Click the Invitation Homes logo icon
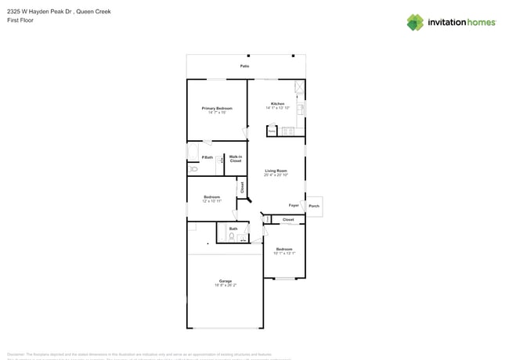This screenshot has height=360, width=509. click(x=415, y=23)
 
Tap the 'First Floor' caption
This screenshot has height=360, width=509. click(x=20, y=20)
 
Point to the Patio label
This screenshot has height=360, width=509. click(x=245, y=67)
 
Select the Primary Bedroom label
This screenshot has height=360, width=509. click(x=217, y=108)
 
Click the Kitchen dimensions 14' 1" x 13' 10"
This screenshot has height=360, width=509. click(x=278, y=108)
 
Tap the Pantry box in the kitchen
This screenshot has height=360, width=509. click(x=272, y=131)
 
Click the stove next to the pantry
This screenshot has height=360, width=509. click(x=287, y=131)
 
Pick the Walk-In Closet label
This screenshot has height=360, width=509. click(x=236, y=159)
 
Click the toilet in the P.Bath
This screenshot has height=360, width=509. click(x=193, y=169)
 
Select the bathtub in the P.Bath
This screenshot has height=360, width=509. click(x=193, y=151)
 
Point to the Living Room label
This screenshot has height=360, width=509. click(x=276, y=171)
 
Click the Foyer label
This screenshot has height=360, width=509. click(x=294, y=205)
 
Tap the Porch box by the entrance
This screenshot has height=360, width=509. click(x=314, y=207)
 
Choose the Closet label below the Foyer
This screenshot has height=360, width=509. click(x=288, y=220)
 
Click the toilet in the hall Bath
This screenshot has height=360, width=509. click(x=232, y=236)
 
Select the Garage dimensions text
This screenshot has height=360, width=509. click(x=226, y=286)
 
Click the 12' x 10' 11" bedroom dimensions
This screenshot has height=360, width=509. click(x=211, y=201)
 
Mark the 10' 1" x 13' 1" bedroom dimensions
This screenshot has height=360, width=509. click(x=284, y=254)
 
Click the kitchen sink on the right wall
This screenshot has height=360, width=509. click(x=301, y=108)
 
